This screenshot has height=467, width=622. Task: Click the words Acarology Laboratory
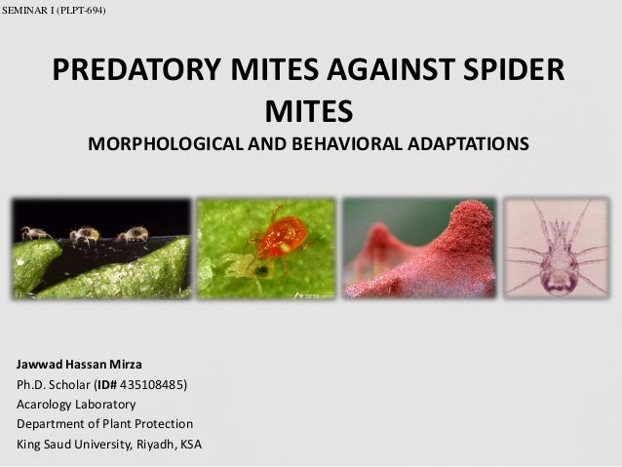(77, 404)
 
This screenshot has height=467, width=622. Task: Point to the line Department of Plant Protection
(105, 424)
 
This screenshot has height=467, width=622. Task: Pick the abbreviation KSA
(189, 445)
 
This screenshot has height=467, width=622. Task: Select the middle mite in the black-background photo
(85, 234)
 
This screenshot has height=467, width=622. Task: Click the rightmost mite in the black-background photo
(133, 233)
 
